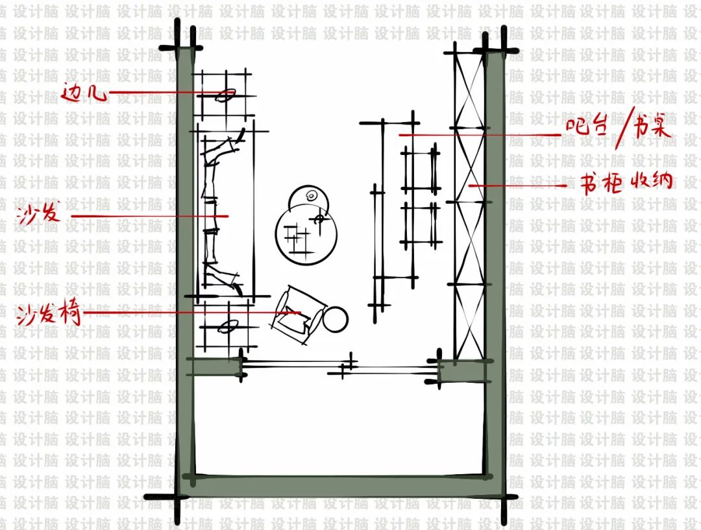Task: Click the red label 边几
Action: point(84,92)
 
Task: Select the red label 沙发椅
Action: point(49,314)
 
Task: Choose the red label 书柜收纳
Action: point(626,182)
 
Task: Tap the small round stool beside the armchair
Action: point(335,319)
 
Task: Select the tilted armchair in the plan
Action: point(297,315)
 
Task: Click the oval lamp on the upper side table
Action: point(226,95)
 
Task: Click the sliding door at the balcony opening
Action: point(339,367)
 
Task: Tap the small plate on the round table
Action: point(311,196)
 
